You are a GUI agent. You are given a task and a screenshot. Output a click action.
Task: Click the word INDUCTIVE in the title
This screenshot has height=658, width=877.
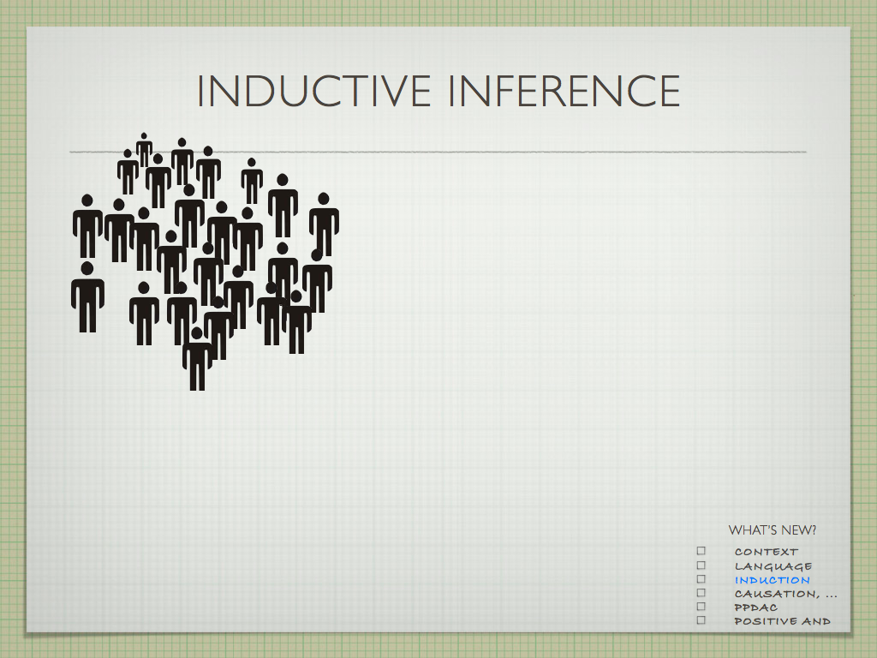coord(313,91)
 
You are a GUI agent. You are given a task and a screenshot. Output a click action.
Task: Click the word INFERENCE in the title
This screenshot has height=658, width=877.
coord(564,91)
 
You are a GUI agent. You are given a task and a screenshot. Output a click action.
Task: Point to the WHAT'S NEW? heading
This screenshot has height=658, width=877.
coord(772,529)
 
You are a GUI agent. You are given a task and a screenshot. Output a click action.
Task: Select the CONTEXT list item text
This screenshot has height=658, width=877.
coord(767,552)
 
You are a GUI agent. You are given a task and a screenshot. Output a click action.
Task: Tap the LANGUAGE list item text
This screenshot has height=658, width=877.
coord(773,566)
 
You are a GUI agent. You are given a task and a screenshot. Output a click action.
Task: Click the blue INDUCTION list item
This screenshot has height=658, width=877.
coord(772,580)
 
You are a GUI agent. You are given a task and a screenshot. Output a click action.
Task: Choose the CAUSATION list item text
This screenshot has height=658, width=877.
coord(785,594)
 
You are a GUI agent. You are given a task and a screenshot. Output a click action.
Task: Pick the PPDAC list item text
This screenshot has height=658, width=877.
coord(755,607)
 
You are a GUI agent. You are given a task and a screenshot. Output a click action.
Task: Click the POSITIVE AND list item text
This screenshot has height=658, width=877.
coord(782,621)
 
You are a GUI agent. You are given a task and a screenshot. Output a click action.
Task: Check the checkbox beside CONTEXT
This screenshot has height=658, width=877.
coord(701,551)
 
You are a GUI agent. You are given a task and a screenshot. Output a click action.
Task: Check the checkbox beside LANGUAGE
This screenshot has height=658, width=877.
coord(701,565)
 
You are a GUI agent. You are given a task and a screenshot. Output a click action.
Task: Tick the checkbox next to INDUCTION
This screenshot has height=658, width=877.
coord(701,579)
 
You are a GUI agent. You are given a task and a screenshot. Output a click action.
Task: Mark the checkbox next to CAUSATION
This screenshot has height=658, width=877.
coord(701,593)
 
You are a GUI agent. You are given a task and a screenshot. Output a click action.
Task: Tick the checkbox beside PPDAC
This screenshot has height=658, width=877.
coord(701,607)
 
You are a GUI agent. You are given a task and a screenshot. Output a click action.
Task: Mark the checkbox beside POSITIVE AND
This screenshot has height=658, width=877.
coord(701,620)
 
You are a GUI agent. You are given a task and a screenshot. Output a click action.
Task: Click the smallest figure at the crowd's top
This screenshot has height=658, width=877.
coord(144,149)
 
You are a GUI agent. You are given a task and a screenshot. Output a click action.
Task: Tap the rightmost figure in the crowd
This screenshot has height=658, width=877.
coord(324,224)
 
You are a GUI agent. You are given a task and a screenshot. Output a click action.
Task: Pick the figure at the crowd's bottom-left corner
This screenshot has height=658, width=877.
coord(87,297)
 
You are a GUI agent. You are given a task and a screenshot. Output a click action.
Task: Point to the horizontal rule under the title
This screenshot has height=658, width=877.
coord(438,152)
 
